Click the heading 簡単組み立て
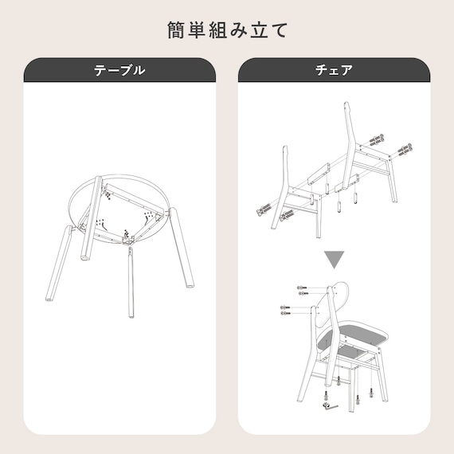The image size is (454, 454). (227, 30)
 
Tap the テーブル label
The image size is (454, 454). (119, 70)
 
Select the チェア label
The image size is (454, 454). (335, 70)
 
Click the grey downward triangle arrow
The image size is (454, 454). (335, 260)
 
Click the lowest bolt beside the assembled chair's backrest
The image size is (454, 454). (286, 314)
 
